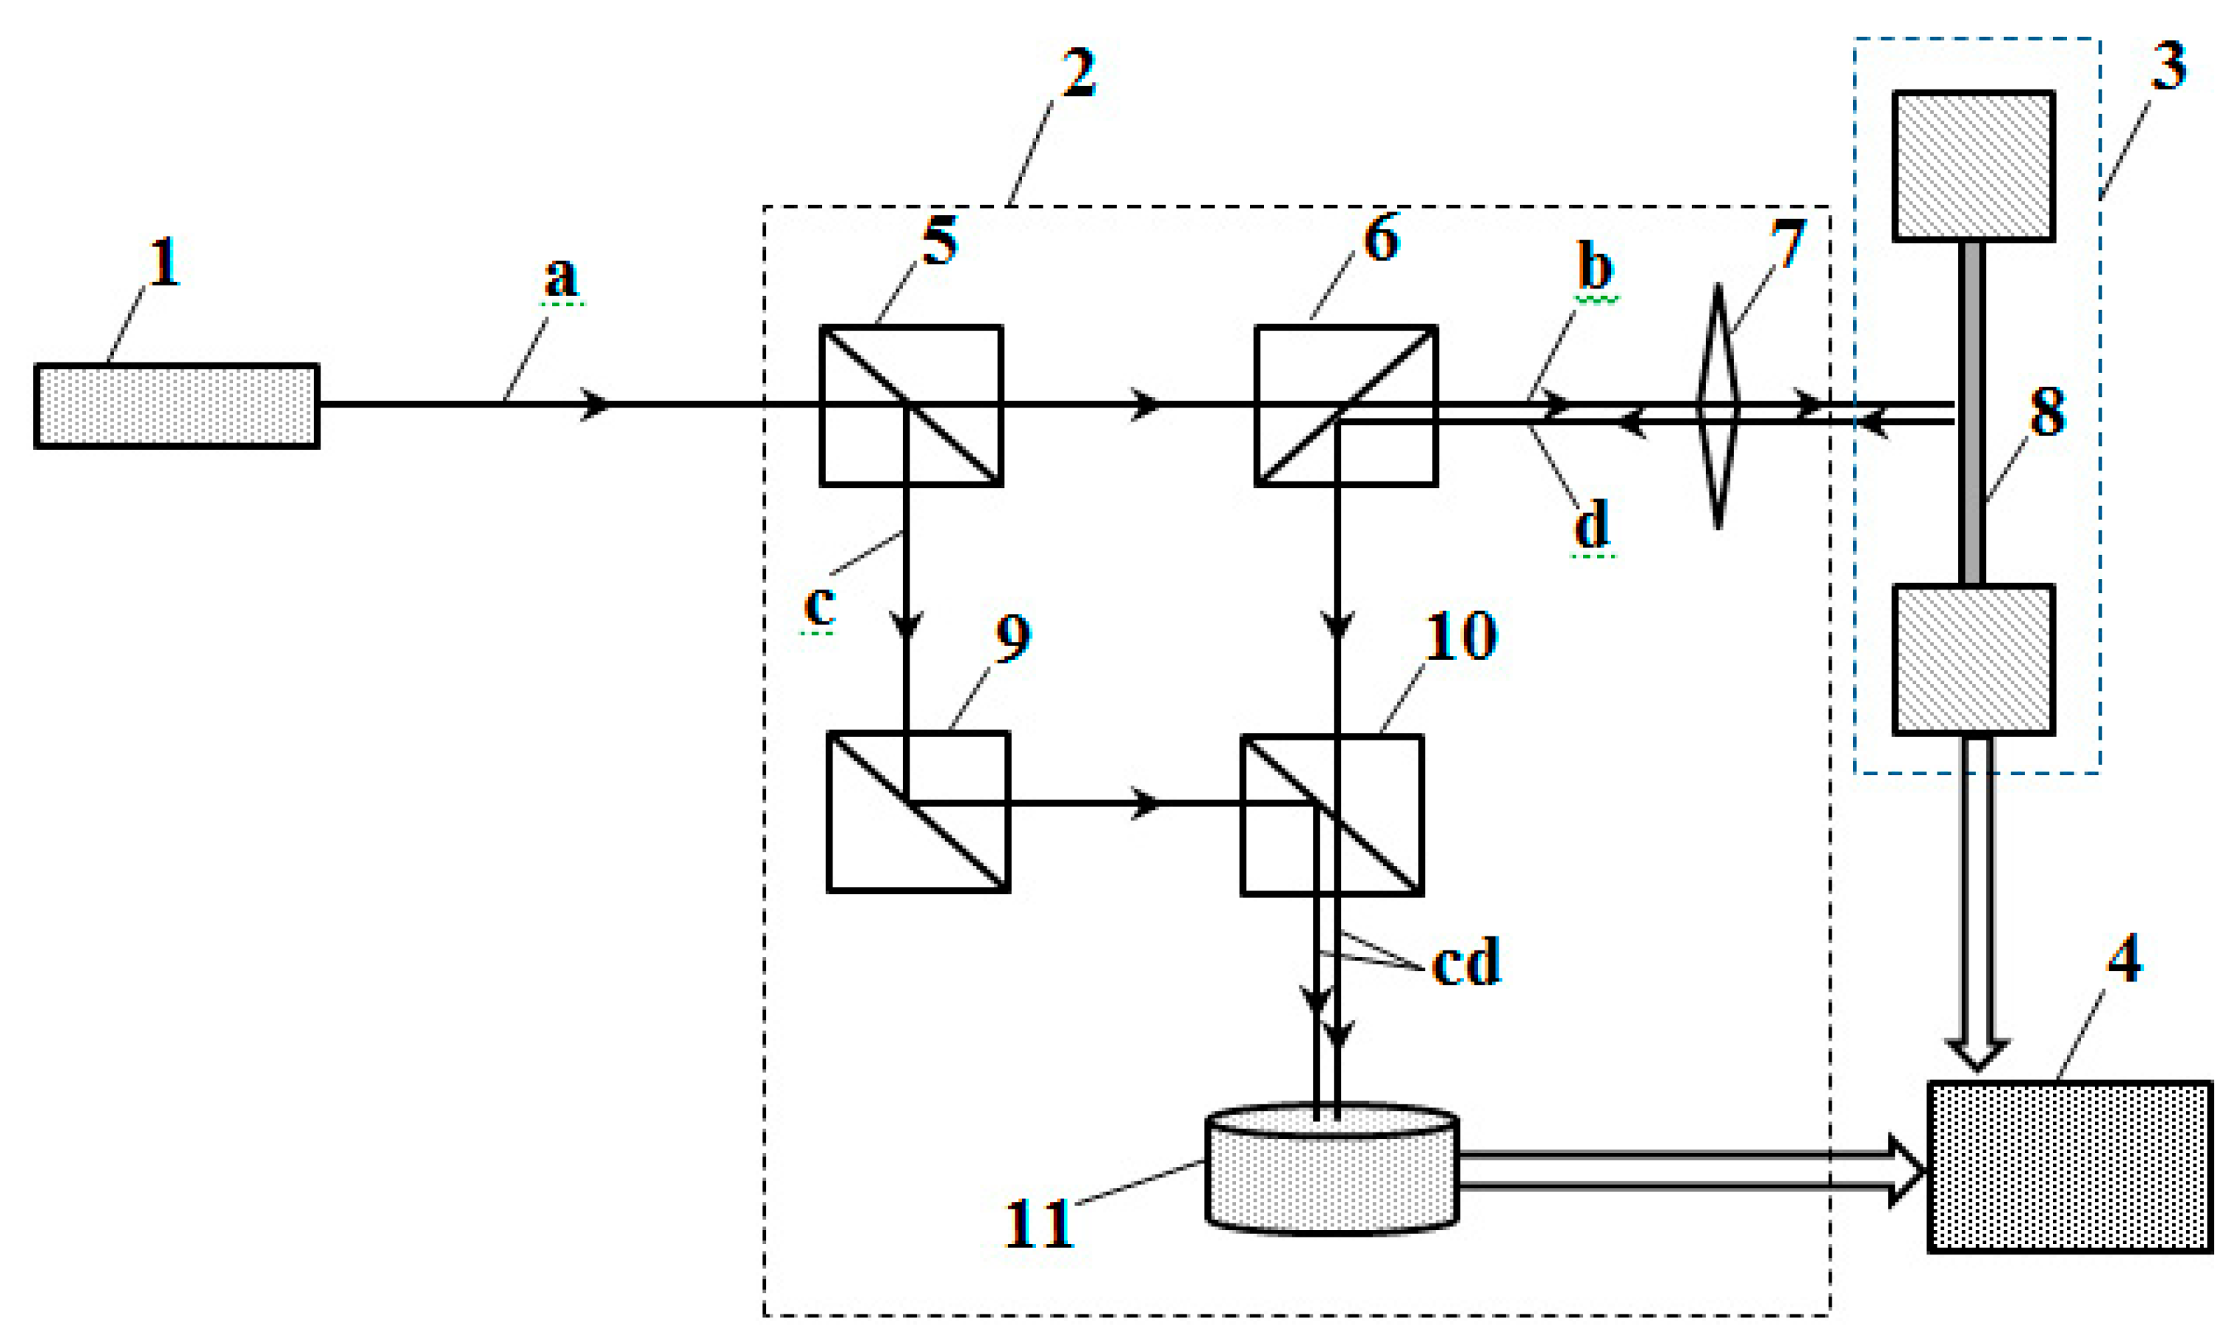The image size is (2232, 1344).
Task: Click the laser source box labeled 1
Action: coord(177,406)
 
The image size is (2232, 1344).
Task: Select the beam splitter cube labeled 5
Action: coord(910,406)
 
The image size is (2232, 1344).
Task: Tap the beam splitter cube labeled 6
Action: coord(1345,406)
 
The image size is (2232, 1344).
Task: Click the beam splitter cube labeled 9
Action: coord(918,811)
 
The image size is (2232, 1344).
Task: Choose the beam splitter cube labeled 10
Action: coord(1331,815)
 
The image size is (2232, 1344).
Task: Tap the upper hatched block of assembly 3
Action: coord(1973,166)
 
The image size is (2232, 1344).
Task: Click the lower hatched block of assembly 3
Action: coord(1973,659)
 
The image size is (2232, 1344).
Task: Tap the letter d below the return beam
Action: coord(1592,524)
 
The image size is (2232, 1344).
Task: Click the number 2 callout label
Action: coord(1078,72)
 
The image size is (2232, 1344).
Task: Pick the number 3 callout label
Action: coord(2168,65)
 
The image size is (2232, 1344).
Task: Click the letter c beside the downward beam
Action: coord(819,605)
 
